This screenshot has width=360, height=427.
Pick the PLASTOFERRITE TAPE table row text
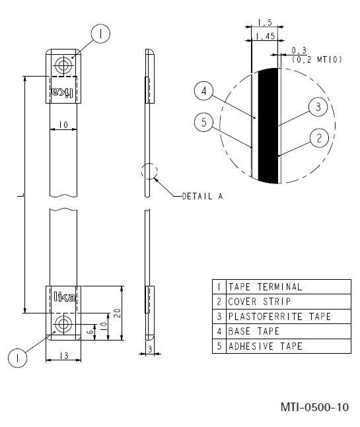click(279, 316)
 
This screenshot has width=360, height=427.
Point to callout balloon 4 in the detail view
click(205, 92)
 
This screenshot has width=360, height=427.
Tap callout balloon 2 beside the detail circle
click(318, 138)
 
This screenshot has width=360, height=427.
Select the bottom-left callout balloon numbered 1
click(18, 358)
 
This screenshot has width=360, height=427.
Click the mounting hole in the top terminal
click(64, 65)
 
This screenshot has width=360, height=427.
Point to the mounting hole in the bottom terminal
click(64, 323)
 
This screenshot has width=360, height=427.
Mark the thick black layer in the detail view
click(268, 125)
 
